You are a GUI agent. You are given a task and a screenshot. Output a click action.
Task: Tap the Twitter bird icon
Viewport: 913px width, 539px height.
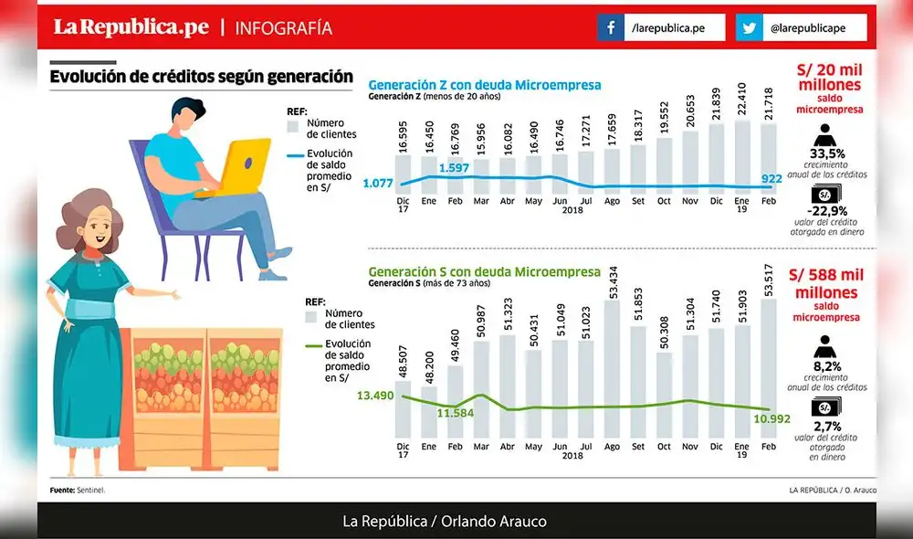click(750, 28)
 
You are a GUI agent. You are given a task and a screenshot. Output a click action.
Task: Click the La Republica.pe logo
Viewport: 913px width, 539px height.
click(131, 27)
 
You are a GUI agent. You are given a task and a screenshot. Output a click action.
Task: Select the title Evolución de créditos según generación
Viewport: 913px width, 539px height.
click(201, 77)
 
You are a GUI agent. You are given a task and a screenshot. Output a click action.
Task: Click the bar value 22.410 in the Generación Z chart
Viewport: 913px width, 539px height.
click(742, 102)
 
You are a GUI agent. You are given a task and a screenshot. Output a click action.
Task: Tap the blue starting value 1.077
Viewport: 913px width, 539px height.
click(377, 184)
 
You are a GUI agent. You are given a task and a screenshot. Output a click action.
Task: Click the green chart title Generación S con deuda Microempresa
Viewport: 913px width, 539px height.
click(484, 271)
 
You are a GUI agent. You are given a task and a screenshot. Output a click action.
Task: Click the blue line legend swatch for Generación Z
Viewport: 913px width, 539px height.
click(294, 156)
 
